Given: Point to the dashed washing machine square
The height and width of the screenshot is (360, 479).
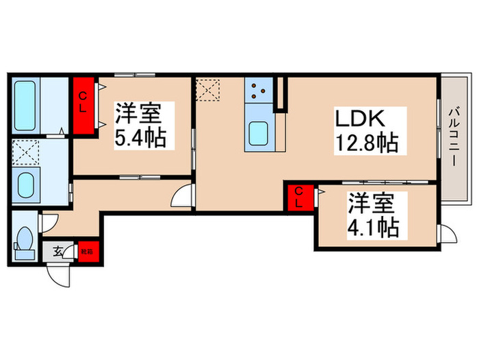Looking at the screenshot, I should click(26, 152).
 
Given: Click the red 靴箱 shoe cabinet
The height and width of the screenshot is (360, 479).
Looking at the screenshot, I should click(89, 251).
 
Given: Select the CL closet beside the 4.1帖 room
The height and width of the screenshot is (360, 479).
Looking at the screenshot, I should click(300, 197).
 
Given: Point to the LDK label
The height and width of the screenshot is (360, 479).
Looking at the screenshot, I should click(358, 119).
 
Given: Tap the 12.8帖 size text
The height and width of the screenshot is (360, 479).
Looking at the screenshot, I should click(366, 144).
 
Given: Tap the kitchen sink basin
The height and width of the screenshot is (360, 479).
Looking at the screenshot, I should click(258, 133).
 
